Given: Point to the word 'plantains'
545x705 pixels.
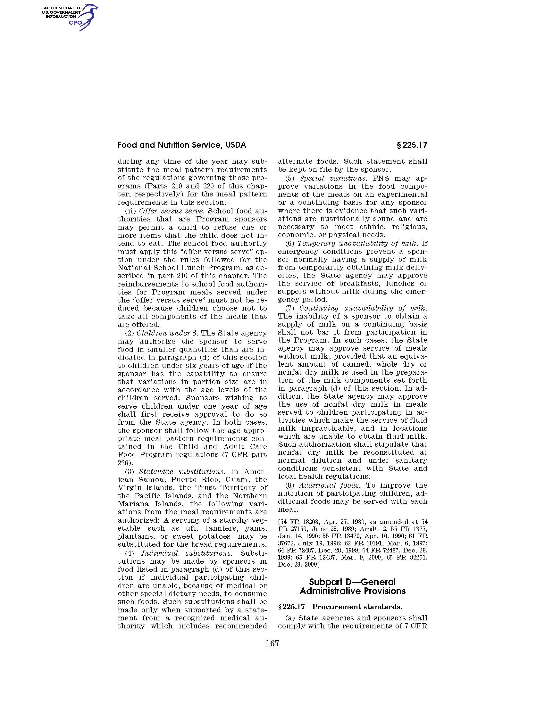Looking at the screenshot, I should point(133,536).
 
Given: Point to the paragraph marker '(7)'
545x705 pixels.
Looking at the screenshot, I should point(289,308).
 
